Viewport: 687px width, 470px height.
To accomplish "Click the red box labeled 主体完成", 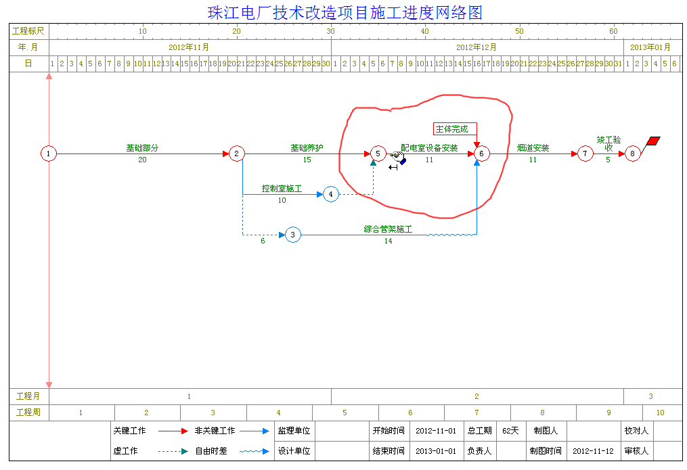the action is point(455,129).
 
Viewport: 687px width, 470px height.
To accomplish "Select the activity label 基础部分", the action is point(142,148).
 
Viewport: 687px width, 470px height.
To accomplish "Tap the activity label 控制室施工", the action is point(282,189).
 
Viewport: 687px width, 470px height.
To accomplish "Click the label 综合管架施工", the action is point(388,229).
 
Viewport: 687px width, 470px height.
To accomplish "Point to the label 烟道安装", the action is point(533,148).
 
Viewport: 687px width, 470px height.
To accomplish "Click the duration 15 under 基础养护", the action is point(307,160).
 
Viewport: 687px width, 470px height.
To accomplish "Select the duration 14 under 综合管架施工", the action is point(389,241).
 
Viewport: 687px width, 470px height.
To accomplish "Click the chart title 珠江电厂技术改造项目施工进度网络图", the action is point(345,13).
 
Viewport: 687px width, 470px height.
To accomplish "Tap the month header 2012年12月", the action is point(477,47).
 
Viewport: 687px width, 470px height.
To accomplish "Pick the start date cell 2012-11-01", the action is point(436,431).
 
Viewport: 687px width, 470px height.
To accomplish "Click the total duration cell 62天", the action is point(510,431).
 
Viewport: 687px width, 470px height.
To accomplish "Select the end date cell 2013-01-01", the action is point(436,451).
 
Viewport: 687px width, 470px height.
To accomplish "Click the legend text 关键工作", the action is point(129,431).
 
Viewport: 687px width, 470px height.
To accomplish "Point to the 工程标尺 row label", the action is point(28,31).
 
